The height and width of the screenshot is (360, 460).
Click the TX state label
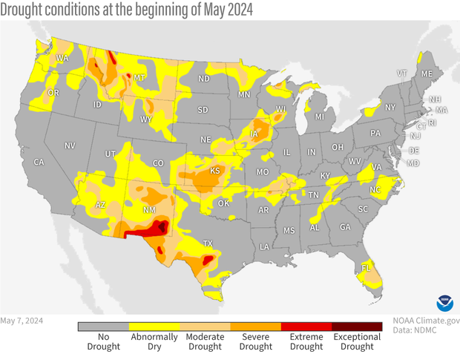(x=208, y=243)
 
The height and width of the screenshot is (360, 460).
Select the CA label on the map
(x=39, y=162)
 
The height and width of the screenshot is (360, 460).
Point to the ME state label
(x=426, y=74)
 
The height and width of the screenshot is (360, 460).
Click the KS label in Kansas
(x=214, y=171)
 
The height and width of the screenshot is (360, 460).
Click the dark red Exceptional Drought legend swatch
(x=357, y=325)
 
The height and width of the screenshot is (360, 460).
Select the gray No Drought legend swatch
(x=103, y=325)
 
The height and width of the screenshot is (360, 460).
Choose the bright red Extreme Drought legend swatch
(x=306, y=325)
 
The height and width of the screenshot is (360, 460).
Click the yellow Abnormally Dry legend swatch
(x=154, y=325)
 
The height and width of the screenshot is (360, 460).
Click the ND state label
(x=203, y=79)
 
